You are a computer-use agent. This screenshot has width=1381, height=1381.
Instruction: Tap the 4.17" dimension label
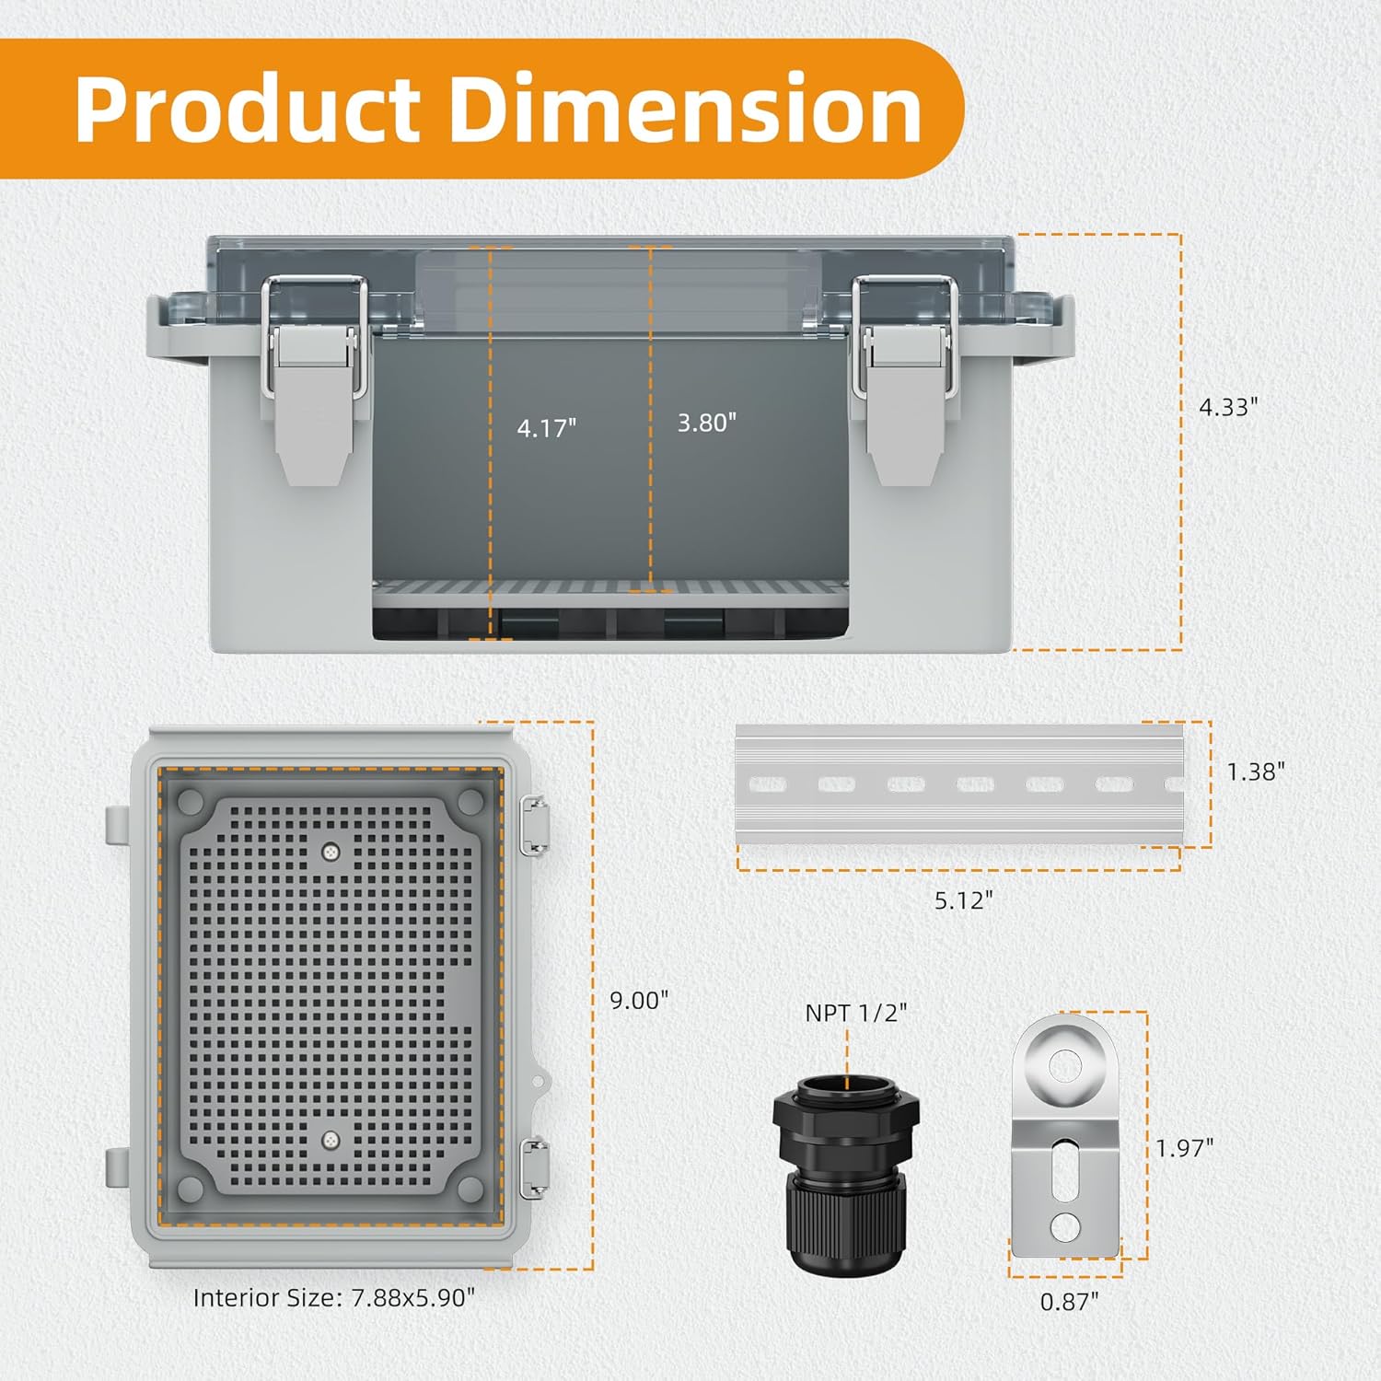click(x=547, y=428)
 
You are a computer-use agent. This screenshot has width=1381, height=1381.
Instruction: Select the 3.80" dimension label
click(x=707, y=423)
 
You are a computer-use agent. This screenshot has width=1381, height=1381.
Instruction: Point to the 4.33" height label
click(x=1228, y=407)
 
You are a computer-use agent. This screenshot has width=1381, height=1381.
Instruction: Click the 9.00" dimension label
click(x=639, y=1000)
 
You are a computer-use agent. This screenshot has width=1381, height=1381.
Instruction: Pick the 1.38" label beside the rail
click(x=1256, y=772)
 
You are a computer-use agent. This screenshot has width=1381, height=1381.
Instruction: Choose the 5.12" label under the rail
click(x=964, y=899)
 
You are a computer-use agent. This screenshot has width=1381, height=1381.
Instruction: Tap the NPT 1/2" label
click(x=856, y=1013)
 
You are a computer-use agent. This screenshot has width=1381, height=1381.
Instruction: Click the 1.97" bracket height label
click(x=1185, y=1148)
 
